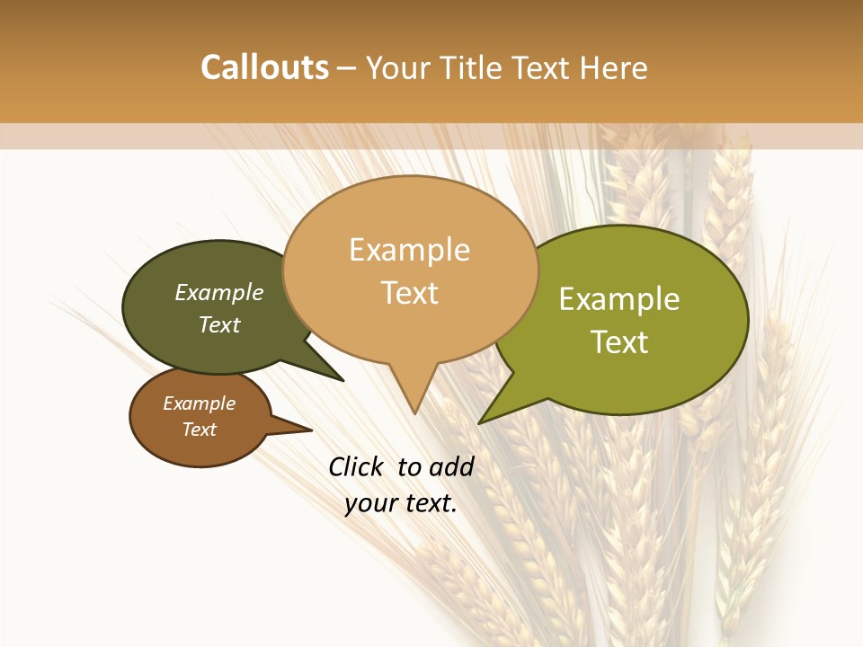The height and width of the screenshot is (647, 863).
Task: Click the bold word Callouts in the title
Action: point(264,67)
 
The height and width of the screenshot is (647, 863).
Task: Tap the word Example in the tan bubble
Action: point(409,250)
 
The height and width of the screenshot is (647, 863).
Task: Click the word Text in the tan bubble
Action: point(409,292)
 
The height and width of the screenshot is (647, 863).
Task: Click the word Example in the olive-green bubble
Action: point(619,299)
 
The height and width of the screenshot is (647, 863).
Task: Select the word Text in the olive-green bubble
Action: point(619,342)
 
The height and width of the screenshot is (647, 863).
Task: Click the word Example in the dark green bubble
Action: point(219,292)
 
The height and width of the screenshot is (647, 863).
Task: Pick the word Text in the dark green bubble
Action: point(219,324)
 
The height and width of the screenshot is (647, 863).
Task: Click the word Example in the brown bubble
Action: point(199,403)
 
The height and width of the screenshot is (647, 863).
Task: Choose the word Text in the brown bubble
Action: point(199,430)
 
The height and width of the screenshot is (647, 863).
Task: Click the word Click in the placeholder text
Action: point(355,466)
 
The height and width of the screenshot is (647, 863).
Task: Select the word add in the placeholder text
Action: point(451,466)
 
